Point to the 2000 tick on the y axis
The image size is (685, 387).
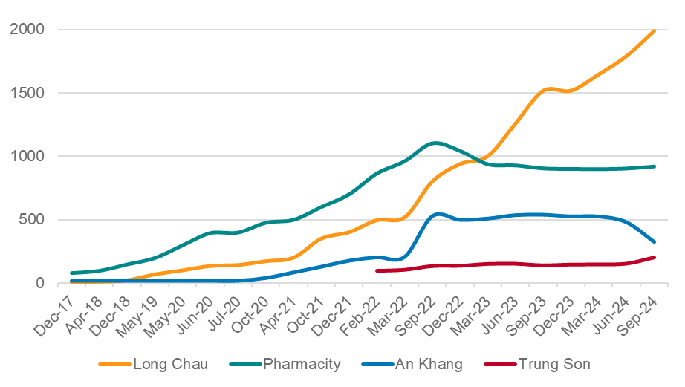28,29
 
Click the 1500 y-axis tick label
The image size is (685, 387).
28,93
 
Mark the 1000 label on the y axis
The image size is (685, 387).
28,156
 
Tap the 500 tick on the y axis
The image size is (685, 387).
33,220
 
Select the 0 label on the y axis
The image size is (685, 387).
41,283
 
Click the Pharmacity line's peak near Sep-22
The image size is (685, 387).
435,143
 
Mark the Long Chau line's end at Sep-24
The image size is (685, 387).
654,30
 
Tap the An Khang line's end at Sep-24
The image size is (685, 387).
654,242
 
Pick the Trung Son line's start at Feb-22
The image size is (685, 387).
377,270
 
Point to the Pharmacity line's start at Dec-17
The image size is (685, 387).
71,273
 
